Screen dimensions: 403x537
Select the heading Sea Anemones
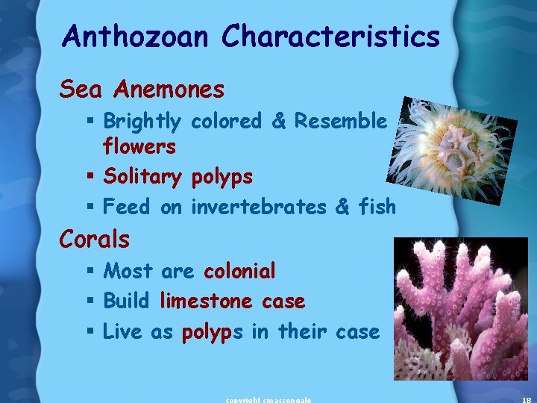click(142, 90)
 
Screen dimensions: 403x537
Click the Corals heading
click(95, 240)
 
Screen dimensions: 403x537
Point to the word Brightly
click(142, 122)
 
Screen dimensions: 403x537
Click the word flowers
click(139, 146)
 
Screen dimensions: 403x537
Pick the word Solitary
click(142, 178)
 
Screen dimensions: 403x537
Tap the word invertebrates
click(259, 207)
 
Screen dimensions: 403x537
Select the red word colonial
click(239, 270)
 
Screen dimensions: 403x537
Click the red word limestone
click(205, 301)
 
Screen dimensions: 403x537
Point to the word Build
click(127, 301)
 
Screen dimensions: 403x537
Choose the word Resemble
click(340, 121)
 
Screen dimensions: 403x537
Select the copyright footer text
click(268, 399)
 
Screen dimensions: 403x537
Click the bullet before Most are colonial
click(89, 271)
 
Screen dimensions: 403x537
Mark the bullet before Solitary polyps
click(89, 178)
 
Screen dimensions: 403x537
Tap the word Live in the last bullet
click(122, 331)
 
